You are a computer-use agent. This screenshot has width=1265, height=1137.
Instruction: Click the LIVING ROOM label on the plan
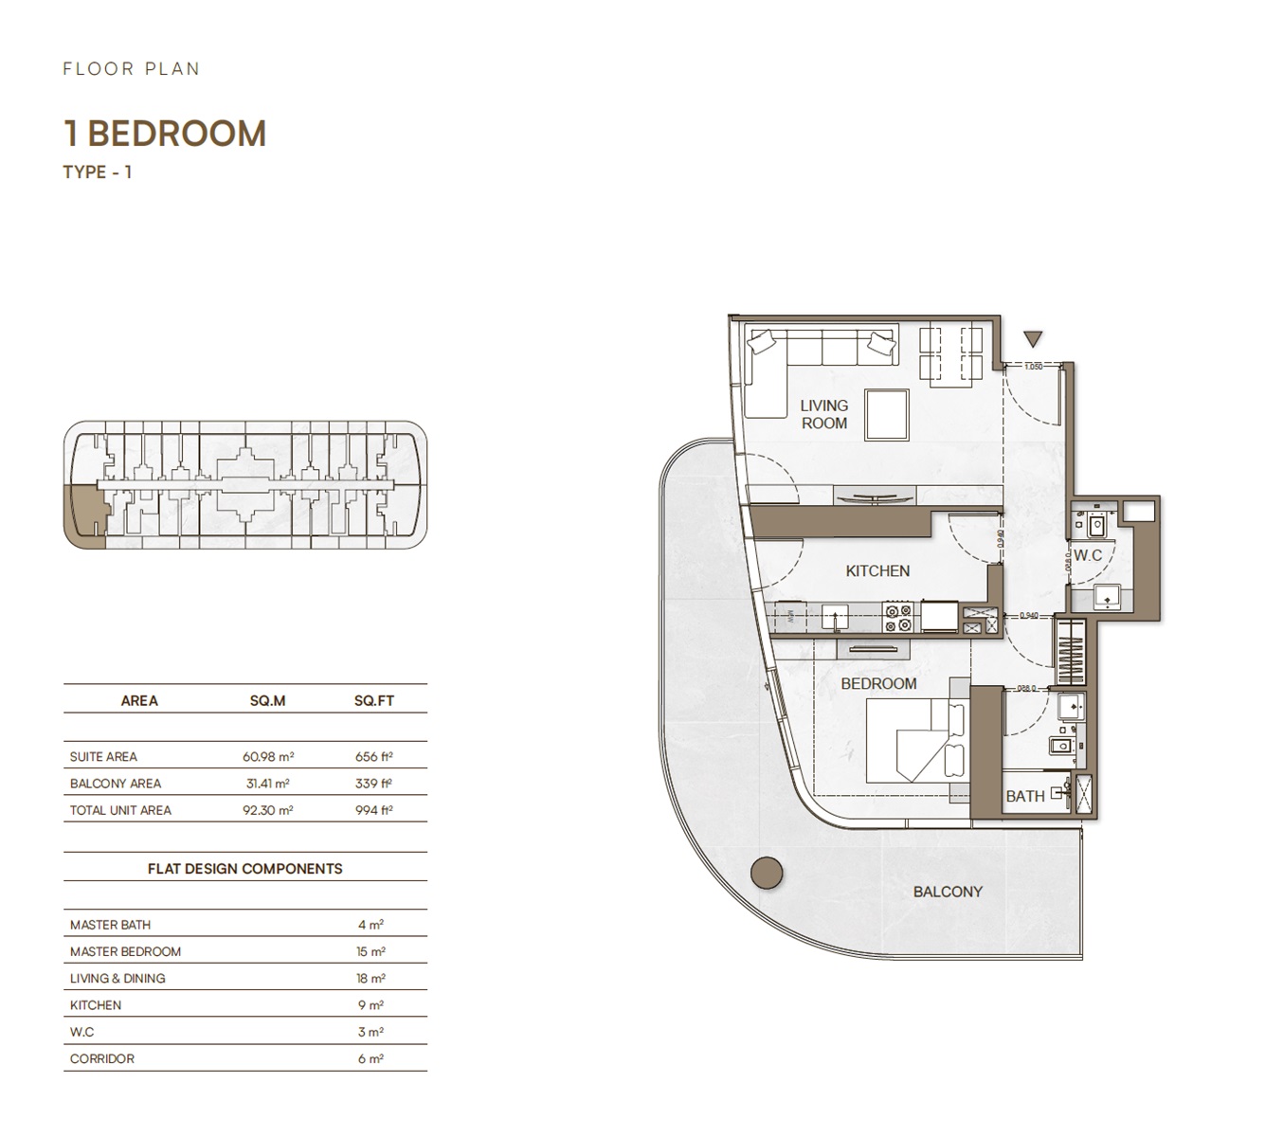click(x=823, y=414)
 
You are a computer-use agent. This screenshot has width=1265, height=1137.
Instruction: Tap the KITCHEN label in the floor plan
click(x=877, y=571)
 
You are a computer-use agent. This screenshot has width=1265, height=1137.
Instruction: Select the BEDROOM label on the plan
click(x=878, y=684)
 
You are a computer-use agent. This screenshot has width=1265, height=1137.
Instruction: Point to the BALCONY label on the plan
click(x=948, y=892)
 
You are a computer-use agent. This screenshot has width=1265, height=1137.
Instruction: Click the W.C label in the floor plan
click(x=1088, y=555)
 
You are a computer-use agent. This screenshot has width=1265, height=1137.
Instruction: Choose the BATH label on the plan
click(x=1025, y=797)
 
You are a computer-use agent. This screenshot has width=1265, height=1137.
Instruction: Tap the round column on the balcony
click(x=767, y=873)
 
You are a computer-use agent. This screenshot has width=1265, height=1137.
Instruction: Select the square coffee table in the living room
click(x=887, y=415)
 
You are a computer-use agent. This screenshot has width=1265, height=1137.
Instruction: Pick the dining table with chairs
click(x=951, y=355)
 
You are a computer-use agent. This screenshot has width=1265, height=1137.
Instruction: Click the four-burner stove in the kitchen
click(x=897, y=618)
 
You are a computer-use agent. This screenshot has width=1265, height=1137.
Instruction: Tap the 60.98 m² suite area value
click(x=268, y=757)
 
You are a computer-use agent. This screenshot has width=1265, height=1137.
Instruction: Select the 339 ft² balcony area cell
click(x=373, y=784)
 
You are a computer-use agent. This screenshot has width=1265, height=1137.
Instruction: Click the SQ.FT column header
click(x=373, y=701)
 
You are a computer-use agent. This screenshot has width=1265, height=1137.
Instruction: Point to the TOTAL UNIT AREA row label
click(x=120, y=810)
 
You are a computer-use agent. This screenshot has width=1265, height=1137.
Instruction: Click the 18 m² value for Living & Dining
click(x=370, y=979)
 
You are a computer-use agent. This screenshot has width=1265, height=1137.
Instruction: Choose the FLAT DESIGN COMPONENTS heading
click(x=244, y=869)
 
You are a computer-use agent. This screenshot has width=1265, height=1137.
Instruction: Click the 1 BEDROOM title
click(x=165, y=134)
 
